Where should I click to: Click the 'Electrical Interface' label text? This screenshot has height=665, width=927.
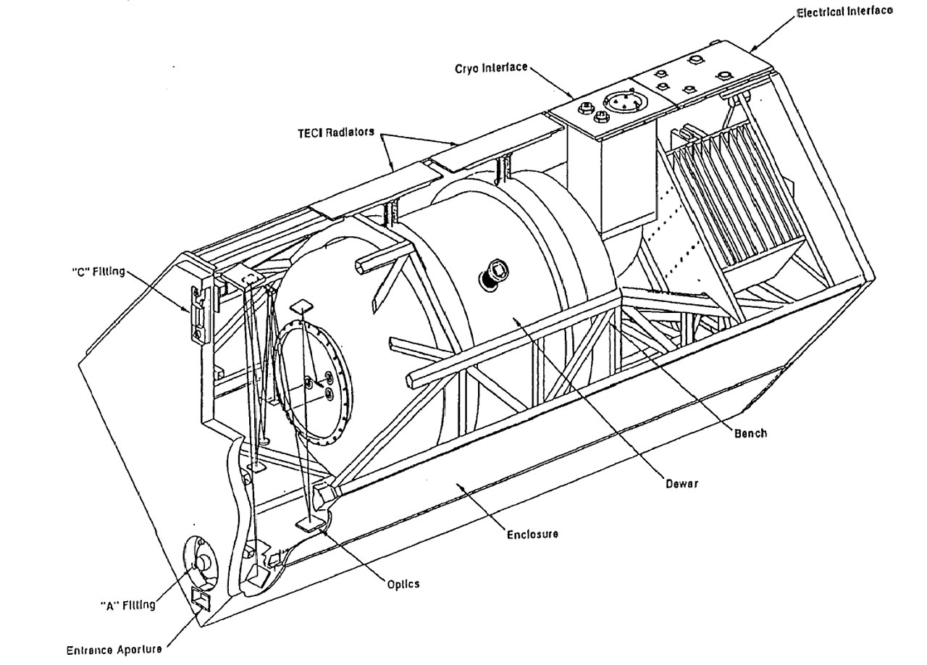pos(844,12)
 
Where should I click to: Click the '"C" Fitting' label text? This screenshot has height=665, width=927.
pos(95,272)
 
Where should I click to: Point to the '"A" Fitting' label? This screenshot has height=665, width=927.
pos(127,605)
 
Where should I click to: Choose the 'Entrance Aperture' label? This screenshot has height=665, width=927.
pos(114,650)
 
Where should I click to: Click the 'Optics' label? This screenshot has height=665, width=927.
pos(403,583)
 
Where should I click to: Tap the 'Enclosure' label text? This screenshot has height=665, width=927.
pos(532,534)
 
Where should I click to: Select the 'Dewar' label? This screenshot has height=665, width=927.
pos(681,484)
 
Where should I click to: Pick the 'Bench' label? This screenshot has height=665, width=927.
pos(750,433)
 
